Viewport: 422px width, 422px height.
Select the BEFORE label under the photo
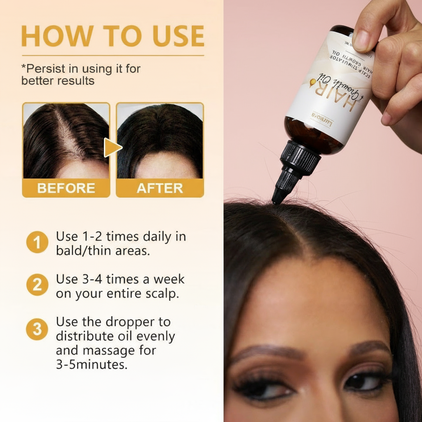tap(66, 188)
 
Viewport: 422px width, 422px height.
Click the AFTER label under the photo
tap(159, 188)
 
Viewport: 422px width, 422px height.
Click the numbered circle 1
tap(37, 243)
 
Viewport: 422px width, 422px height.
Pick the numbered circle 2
tap(37, 286)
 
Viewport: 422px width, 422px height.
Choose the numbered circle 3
tap(37, 329)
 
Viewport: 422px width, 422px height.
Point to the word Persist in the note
tap(42, 68)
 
